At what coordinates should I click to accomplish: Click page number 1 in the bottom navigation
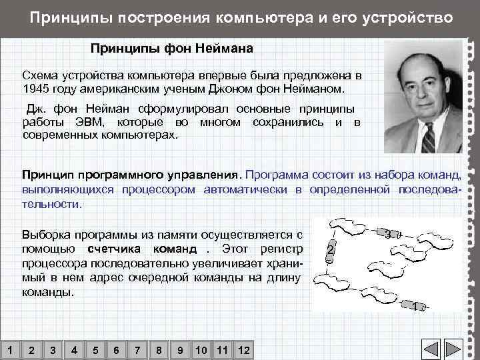(9, 351)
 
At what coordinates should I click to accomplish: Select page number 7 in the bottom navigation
(137, 351)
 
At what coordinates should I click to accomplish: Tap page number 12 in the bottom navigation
(243, 351)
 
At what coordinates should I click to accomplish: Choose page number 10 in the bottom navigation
(201, 351)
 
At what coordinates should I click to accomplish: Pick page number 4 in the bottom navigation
(73, 351)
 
